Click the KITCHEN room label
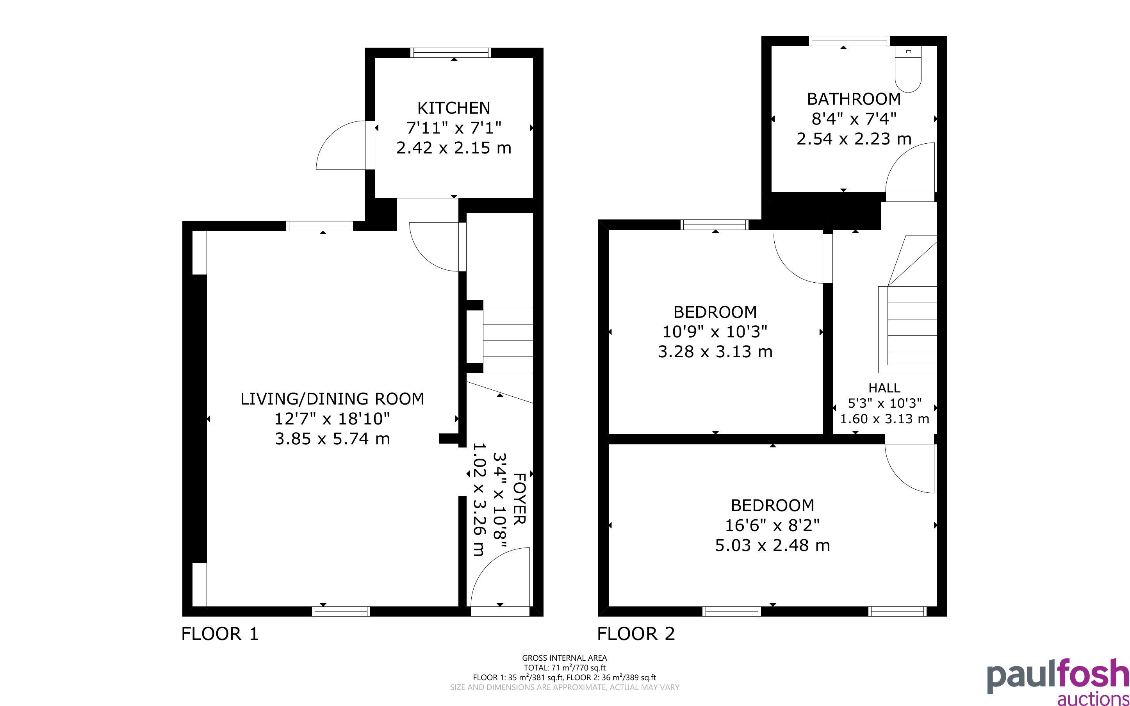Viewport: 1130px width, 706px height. point(454,108)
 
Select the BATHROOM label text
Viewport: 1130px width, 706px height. point(854,99)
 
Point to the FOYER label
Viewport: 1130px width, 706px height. point(519,498)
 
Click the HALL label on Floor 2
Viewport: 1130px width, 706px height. point(884,387)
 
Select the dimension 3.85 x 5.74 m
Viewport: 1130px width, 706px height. point(332,439)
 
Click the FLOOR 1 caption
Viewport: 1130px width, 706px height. point(219,634)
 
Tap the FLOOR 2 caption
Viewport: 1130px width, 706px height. point(636,634)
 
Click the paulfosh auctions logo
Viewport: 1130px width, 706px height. point(1058,681)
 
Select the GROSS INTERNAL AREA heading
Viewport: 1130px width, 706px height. point(564,658)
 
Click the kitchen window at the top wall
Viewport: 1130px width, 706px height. point(451,52)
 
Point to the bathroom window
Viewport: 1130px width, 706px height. point(850,41)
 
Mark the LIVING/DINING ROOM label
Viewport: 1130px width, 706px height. point(332,399)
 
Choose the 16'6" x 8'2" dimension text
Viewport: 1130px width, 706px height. point(772,525)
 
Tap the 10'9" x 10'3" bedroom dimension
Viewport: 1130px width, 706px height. point(715,332)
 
